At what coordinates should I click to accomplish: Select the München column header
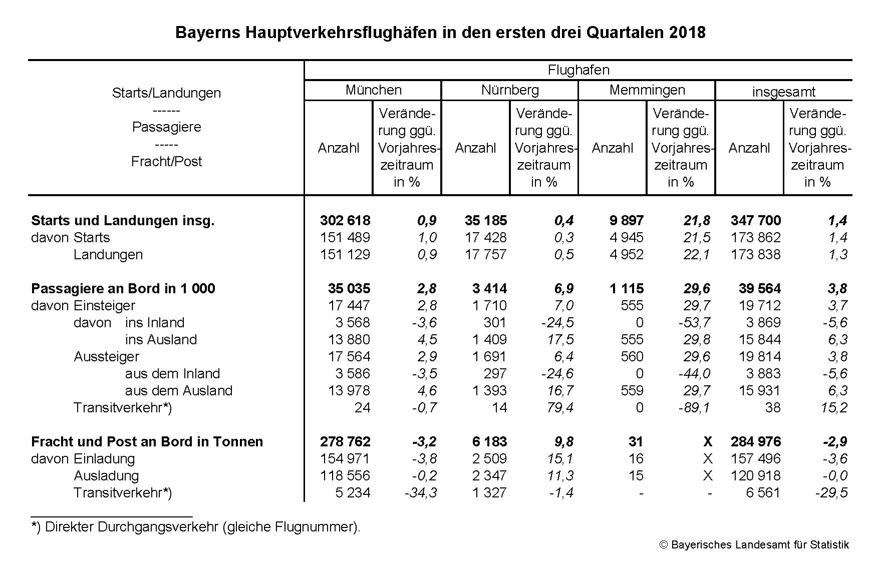tap(373, 90)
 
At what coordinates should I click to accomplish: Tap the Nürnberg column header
tap(510, 90)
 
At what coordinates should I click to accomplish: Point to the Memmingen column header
tap(647, 90)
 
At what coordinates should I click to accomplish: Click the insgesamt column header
tap(783, 92)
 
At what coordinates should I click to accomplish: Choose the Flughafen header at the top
tap(578, 70)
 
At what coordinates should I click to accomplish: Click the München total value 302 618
tap(345, 221)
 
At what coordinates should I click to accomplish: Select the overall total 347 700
tap(756, 221)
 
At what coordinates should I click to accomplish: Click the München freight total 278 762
tap(345, 442)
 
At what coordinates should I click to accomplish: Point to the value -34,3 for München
tap(421, 493)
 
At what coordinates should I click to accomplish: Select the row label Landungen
tap(108, 255)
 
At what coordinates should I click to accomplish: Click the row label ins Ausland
tap(161, 340)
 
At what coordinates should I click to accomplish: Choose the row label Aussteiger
tap(106, 357)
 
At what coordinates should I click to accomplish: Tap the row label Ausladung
tap(106, 476)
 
